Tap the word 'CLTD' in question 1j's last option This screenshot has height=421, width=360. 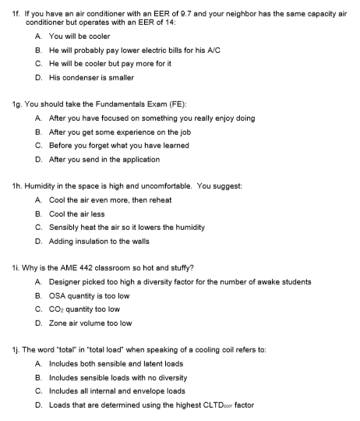point(225,405)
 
